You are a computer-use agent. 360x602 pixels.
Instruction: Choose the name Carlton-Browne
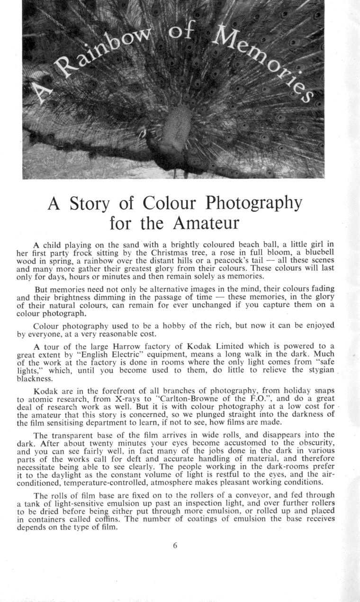click(181, 400)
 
